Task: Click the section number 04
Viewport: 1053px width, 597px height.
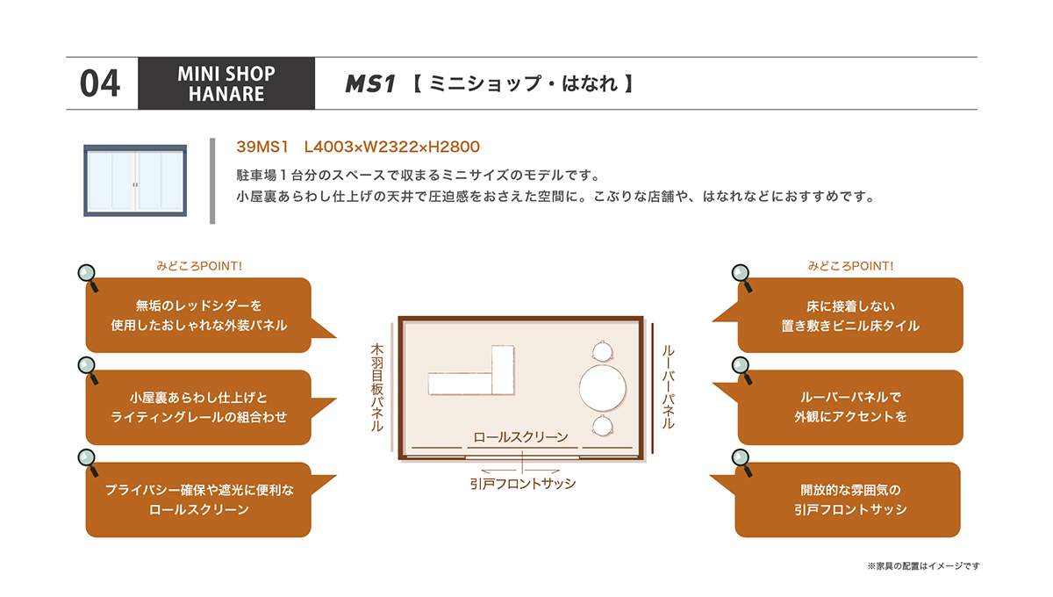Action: [100, 83]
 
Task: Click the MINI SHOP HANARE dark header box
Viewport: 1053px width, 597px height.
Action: [226, 83]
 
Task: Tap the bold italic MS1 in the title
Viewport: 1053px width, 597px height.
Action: [369, 83]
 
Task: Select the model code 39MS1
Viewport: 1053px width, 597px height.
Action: [261, 147]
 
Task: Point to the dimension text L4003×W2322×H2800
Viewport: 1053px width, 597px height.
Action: [391, 147]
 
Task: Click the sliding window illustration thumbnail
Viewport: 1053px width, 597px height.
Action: [135, 181]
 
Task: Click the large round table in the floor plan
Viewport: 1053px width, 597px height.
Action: [602, 388]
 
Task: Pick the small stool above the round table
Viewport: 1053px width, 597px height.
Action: [602, 351]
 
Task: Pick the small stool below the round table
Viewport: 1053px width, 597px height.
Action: [602, 426]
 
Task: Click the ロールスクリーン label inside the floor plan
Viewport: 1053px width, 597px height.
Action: [520, 437]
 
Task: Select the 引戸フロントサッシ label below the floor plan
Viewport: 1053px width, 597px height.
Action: [523, 484]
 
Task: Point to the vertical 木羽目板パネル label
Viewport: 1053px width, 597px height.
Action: [377, 388]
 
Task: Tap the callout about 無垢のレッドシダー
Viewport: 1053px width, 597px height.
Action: [198, 315]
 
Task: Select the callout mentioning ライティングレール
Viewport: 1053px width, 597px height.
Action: [198, 407]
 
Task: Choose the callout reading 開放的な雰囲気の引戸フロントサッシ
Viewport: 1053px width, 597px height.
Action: [847, 500]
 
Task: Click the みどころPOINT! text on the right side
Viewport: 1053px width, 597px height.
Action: [850, 266]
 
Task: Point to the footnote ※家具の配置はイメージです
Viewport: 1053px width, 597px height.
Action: [923, 566]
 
